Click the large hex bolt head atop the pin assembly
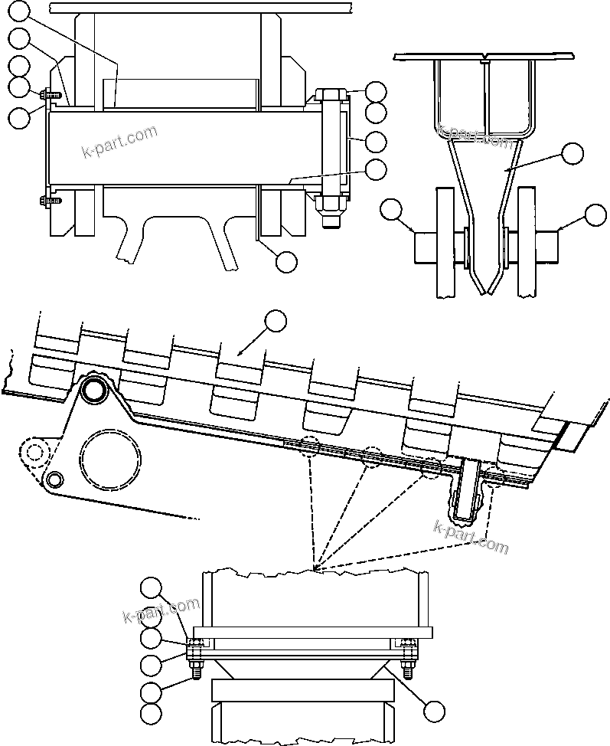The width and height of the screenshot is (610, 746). coord(329,97)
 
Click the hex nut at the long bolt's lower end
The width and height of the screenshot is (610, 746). coord(329,204)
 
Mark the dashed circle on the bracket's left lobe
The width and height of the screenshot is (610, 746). coord(34,452)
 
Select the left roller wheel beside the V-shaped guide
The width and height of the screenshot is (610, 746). coord(445,244)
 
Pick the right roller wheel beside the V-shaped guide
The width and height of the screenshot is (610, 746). coord(528,244)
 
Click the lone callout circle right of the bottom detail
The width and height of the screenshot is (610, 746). coord(433,712)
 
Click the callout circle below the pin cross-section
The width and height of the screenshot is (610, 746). coord(285,261)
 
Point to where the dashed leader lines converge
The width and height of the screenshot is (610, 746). coord(316,571)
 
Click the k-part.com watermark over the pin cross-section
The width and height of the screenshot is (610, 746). coord(119,142)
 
